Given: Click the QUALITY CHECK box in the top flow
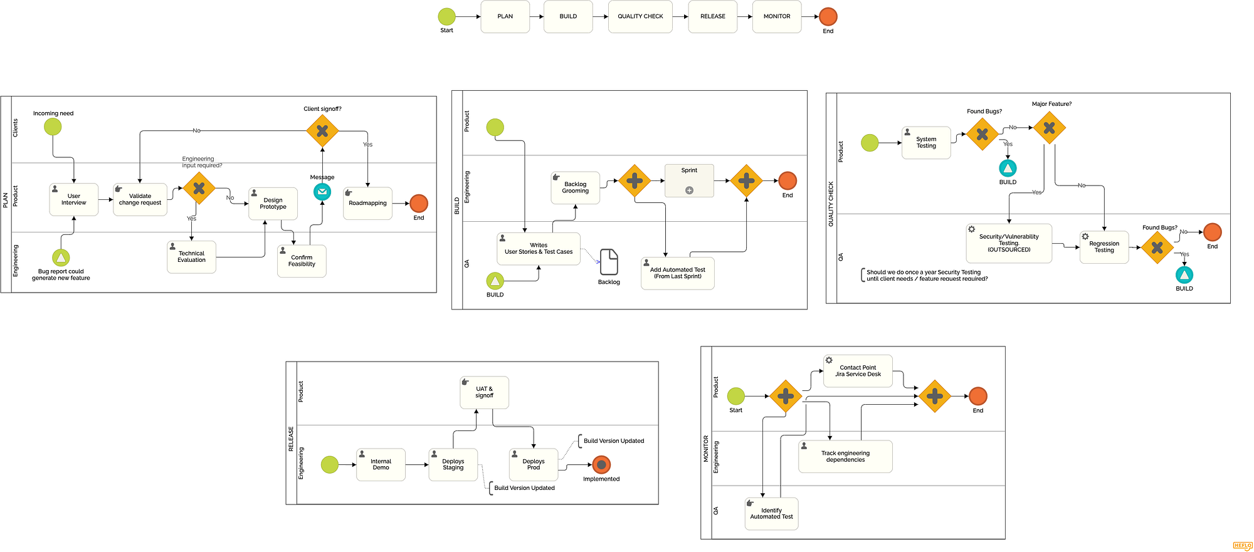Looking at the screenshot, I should (640, 17).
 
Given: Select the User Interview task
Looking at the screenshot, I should (74, 199).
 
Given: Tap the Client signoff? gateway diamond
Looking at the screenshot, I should (322, 131).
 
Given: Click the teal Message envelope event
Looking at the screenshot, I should (322, 192).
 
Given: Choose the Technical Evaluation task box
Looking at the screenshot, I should (191, 257).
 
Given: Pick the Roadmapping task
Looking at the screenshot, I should (367, 203).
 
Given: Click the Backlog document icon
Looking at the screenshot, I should (609, 262).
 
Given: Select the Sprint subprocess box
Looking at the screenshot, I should (689, 180).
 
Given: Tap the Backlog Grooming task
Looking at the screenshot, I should (575, 187).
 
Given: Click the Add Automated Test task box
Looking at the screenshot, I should (677, 273).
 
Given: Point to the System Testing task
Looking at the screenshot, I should (926, 143).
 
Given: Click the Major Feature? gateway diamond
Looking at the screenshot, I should (1049, 128).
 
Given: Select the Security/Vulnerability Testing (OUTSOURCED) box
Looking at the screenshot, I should (1009, 243).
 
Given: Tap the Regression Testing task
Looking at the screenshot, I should (1104, 247).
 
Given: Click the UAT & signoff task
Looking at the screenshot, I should (484, 392).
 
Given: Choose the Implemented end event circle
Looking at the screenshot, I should (601, 465).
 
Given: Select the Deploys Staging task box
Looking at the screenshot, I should (453, 465).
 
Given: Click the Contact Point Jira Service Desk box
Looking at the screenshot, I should (858, 371).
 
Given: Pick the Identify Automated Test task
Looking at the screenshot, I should (771, 514).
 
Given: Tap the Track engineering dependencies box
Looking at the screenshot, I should (845, 456).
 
